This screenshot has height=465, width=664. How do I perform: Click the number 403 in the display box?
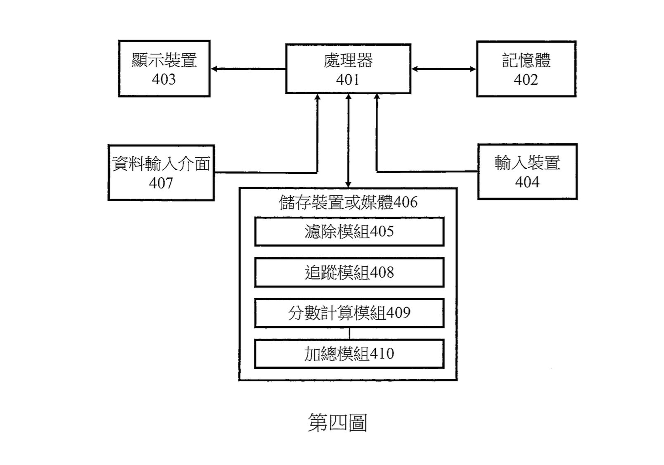[164, 79]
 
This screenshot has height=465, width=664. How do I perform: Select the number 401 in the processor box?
[348, 80]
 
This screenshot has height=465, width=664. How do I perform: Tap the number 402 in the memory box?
[526, 80]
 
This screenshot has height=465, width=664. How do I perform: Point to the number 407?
[161, 183]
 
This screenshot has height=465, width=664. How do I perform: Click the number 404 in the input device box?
[527, 182]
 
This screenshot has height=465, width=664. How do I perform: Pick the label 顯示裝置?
[164, 60]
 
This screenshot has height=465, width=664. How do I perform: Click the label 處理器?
[348, 61]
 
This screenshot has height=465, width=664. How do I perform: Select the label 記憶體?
[526, 60]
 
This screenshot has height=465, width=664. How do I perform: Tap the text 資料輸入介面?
[161, 164]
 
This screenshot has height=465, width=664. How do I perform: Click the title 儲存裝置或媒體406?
[348, 202]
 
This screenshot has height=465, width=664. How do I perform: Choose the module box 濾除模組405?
[349, 231]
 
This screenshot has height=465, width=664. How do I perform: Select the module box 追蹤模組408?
[349, 273]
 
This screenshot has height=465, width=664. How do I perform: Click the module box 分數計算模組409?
[349, 313]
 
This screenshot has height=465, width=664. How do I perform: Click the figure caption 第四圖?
[338, 422]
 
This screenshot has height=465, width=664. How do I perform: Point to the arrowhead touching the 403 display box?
[214, 69]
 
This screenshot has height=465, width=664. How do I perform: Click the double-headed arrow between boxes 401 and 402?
[444, 69]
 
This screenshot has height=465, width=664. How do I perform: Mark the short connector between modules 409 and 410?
[349, 333]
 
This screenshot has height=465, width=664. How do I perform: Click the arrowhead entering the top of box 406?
[348, 184]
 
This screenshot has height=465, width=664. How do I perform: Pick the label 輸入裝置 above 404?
[527, 163]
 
